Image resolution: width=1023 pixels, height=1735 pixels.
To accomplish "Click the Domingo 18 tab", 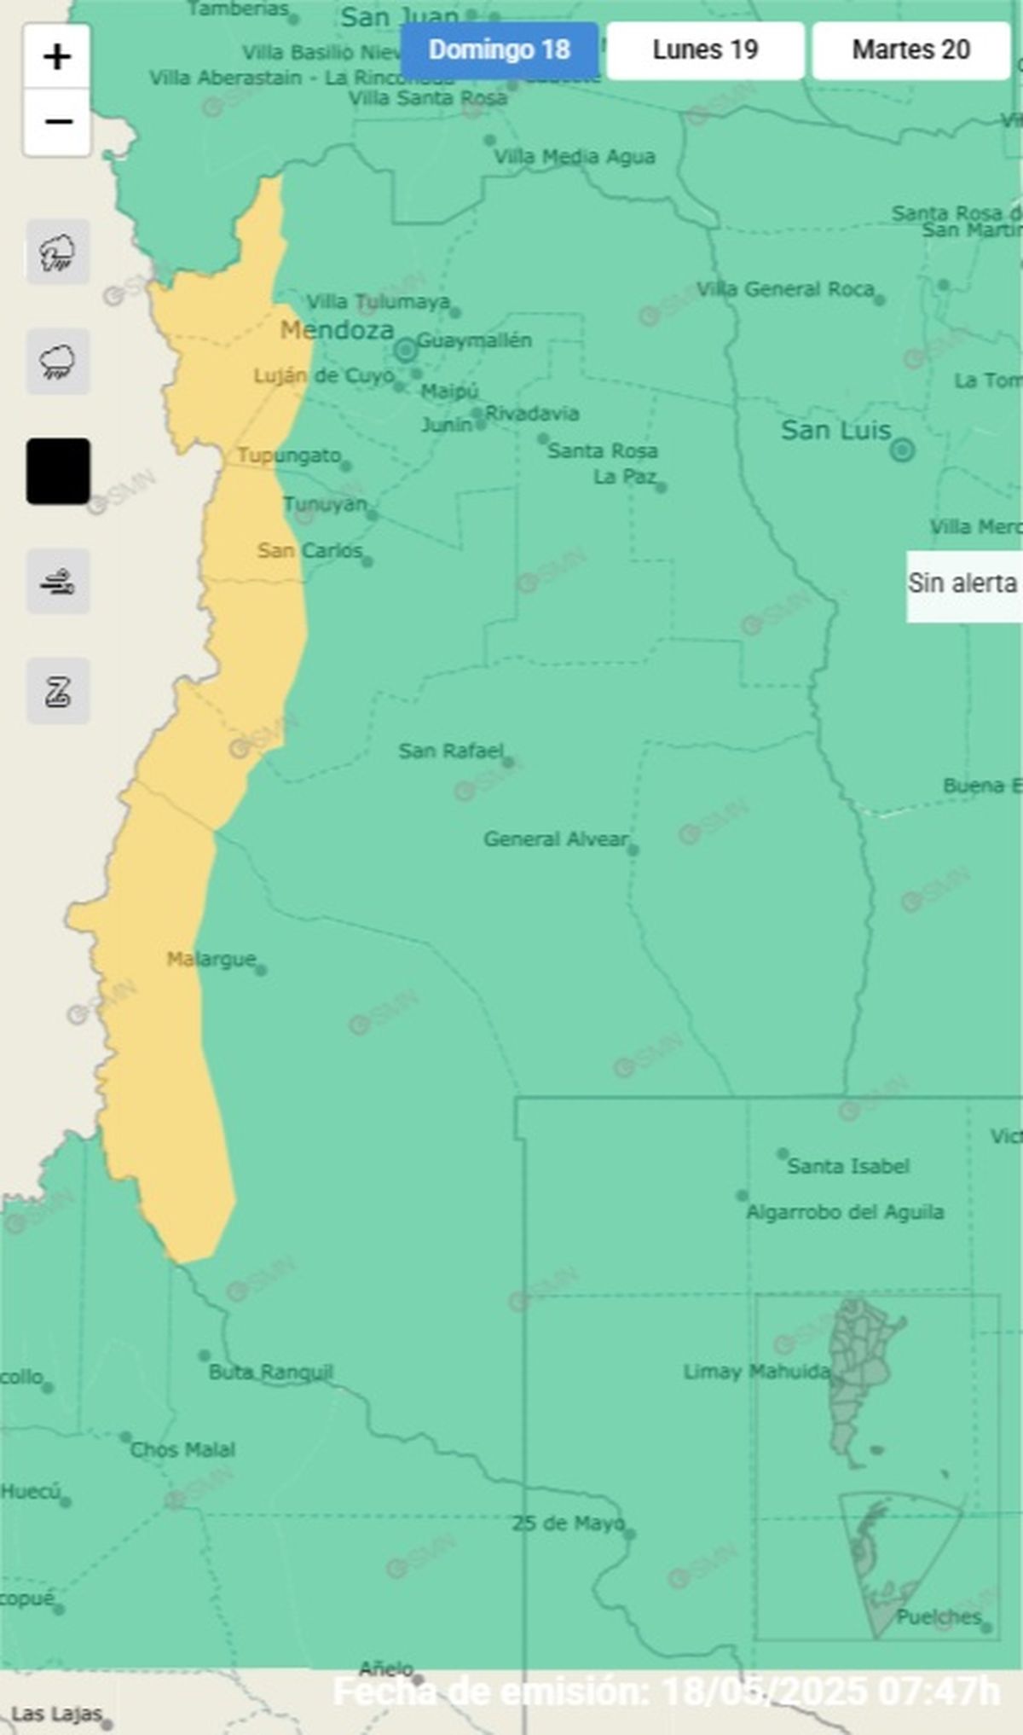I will pyautogui.click(x=500, y=50).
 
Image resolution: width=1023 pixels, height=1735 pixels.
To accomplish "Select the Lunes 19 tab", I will pyautogui.click(x=705, y=50).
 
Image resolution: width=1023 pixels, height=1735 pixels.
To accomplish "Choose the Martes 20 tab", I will pyautogui.click(x=910, y=50).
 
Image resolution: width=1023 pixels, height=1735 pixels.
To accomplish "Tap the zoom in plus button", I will pyautogui.click(x=57, y=57).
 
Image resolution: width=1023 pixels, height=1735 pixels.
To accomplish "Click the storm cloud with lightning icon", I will pyautogui.click(x=58, y=252).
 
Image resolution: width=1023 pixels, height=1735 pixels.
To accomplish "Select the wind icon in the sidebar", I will pyautogui.click(x=58, y=582).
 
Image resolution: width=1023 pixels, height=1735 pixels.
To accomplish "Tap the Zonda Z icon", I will pyautogui.click(x=58, y=691).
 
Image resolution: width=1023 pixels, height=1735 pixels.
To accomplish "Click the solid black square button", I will pyautogui.click(x=58, y=471).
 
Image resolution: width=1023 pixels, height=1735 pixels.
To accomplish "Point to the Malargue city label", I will pyautogui.click(x=211, y=960).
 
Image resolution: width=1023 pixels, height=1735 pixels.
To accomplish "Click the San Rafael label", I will pyautogui.click(x=450, y=751).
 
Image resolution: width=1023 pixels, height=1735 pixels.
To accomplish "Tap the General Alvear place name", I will pyautogui.click(x=555, y=838).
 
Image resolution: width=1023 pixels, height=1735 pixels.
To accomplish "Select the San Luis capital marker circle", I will pyautogui.click(x=902, y=450).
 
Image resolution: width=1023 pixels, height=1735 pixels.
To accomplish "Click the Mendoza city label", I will pyautogui.click(x=337, y=330).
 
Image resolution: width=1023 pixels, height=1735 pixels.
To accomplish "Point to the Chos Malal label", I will pyautogui.click(x=182, y=1449).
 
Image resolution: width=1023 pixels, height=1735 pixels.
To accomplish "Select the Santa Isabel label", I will pyautogui.click(x=847, y=1166).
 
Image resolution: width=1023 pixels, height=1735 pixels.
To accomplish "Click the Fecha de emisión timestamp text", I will pyautogui.click(x=665, y=1691).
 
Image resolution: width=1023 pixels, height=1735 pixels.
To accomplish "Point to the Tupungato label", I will pyautogui.click(x=288, y=456).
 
